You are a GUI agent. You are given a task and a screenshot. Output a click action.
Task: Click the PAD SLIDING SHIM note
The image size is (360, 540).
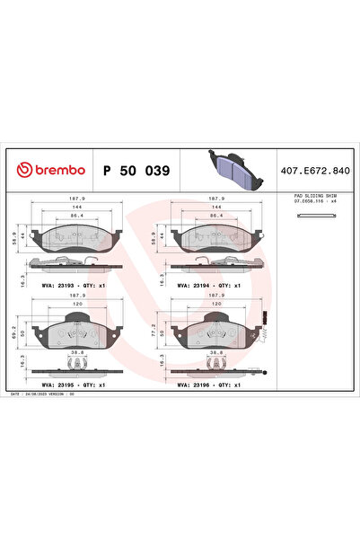pyautogui.click(x=315, y=197)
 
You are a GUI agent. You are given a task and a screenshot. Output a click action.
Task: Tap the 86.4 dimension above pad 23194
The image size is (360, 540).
pyautogui.click(x=215, y=217)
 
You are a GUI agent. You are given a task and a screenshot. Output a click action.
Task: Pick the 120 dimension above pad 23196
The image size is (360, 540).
pyautogui.click(x=215, y=304)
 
